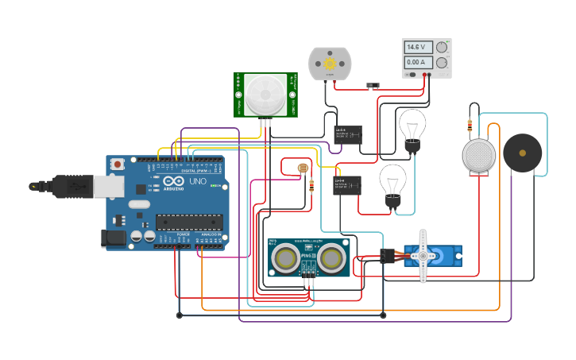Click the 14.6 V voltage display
[419, 48]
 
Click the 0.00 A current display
[419, 62]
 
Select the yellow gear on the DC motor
[329, 63]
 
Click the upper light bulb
[412, 126]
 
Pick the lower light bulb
[392, 181]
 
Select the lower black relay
[346, 185]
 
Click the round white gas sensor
[479, 154]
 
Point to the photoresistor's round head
[301, 168]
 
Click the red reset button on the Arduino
[118, 164]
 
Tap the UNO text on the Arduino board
[197, 182]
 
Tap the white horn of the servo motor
[423, 256]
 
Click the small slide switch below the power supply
[370, 85]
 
